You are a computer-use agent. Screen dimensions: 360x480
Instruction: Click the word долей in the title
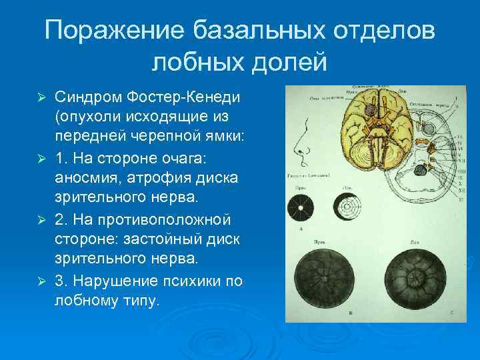pyautogui.click(x=291, y=63)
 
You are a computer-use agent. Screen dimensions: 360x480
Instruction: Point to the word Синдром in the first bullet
pyautogui.click(x=83, y=98)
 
